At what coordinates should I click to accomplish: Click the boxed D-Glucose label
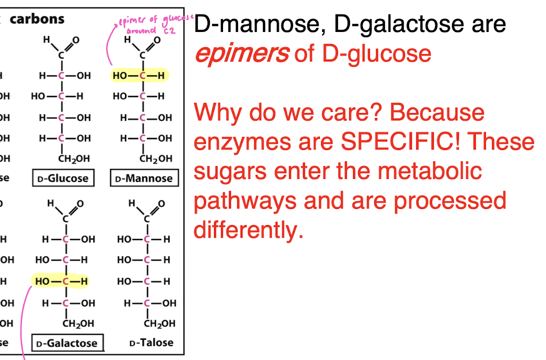63,178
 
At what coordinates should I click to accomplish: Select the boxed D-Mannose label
144,178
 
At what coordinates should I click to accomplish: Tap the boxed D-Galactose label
67,343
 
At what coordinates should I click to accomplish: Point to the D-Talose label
151,343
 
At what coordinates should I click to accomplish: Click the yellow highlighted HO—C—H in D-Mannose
139,75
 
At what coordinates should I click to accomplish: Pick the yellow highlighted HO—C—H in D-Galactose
60,281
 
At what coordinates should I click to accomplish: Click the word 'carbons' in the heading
37,19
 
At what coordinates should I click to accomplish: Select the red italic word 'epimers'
241,54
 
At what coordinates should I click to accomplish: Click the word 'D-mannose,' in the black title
260,24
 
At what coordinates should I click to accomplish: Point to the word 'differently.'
248,230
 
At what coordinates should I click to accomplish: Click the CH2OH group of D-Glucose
74,159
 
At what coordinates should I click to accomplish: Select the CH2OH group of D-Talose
160,324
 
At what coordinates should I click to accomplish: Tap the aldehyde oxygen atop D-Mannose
157,40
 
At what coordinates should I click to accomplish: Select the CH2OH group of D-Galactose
78,324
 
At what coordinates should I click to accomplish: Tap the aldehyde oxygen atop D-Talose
161,203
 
